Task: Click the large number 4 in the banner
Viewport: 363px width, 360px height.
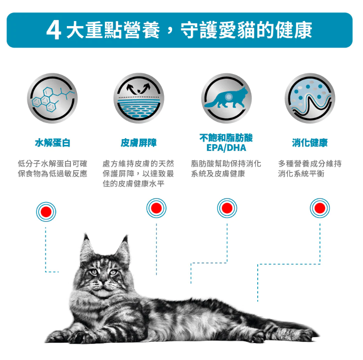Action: (x=54, y=30)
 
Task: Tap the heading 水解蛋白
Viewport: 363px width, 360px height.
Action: (x=53, y=143)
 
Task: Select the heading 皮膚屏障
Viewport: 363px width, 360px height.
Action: (x=139, y=143)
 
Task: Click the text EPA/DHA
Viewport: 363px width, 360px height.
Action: (x=226, y=148)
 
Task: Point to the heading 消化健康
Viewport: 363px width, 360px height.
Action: (x=310, y=143)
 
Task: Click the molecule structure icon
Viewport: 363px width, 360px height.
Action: (x=52, y=98)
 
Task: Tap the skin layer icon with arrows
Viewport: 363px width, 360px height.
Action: (x=139, y=98)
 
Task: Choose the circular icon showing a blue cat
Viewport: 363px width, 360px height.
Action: (x=226, y=98)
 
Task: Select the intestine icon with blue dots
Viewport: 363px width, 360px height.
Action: (x=310, y=98)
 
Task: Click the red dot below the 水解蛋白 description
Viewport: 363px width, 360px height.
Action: (x=46, y=212)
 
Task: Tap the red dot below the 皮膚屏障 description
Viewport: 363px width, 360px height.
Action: (x=156, y=208)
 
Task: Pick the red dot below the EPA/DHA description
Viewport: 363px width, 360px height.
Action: (x=227, y=208)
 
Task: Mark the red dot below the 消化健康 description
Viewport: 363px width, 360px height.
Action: (x=320, y=208)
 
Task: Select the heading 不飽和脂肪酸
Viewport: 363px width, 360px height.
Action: (x=226, y=138)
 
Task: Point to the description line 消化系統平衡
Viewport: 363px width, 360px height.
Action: (x=301, y=173)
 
